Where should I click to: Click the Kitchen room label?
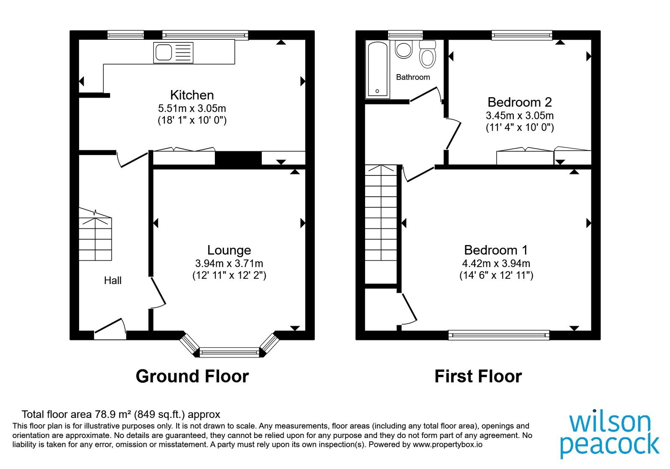click(192, 95)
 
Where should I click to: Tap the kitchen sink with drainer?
click(173, 53)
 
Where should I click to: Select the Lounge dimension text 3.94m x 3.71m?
click(229, 263)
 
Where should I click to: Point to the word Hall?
click(113, 280)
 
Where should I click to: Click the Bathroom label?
click(413, 77)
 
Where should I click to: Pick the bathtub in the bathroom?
click(377, 69)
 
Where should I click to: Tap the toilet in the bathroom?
click(428, 54)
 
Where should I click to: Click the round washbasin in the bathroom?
click(404, 49)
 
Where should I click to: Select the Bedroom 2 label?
click(520, 102)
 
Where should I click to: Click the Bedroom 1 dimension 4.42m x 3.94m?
click(496, 263)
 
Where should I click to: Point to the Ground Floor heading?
click(192, 376)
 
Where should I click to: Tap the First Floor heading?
click(478, 376)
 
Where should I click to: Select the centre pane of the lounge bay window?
click(229, 352)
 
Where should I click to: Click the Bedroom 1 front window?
click(499, 335)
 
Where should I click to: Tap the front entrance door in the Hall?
click(110, 329)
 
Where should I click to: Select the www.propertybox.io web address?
click(448, 444)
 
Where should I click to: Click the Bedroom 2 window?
click(522, 35)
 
